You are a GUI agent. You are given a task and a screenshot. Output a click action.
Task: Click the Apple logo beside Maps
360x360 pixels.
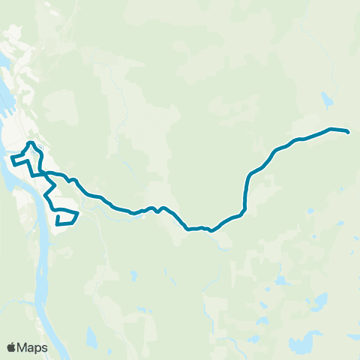[x=11, y=347]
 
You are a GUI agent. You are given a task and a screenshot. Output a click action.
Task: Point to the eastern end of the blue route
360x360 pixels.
[x=348, y=131]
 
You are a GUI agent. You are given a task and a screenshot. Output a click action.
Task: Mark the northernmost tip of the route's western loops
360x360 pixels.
[x=30, y=142]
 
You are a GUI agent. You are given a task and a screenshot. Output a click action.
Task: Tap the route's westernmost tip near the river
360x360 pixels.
[x=11, y=158]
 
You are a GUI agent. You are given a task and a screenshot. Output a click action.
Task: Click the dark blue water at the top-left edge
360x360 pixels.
[x=3, y=94]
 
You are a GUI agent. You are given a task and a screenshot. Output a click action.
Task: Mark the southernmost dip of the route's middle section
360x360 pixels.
[x=211, y=230]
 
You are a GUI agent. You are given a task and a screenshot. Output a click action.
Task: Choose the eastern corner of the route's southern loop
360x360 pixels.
[x=78, y=213]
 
